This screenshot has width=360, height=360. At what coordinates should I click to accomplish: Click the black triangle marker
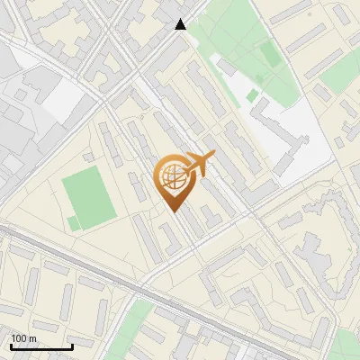(181, 25)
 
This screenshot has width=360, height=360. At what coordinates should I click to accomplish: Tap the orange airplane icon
(200, 165)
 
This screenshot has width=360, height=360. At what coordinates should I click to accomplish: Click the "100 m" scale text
(23, 338)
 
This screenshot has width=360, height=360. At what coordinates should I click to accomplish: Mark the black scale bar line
(40, 346)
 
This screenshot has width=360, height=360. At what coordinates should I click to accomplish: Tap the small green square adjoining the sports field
(73, 222)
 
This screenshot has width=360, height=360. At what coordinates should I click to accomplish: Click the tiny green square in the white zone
(253, 94)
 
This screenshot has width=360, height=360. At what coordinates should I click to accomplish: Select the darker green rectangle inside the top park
(270, 56)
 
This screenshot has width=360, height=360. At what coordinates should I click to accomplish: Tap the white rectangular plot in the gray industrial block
(63, 101)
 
